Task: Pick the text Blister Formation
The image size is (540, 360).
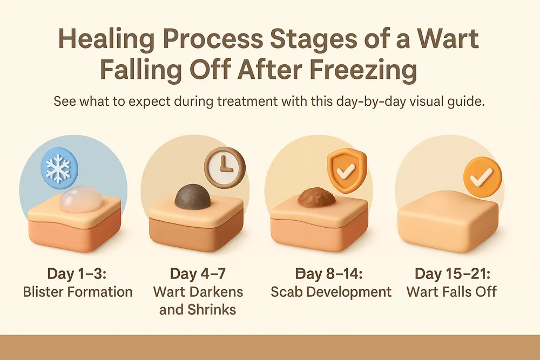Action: tap(77, 292)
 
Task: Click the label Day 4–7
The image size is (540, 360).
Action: tap(198, 274)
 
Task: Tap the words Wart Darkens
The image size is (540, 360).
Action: tap(198, 292)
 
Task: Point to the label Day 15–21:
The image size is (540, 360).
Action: tap(451, 274)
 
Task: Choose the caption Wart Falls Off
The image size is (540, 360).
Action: tap(451, 292)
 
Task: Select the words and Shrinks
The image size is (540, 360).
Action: tap(198, 310)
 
